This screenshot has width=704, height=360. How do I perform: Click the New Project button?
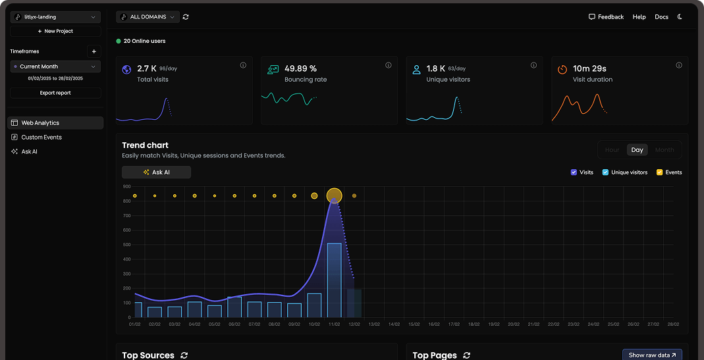(55, 31)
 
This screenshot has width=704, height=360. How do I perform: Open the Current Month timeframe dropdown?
(55, 66)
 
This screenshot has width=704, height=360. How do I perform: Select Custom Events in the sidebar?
(41, 137)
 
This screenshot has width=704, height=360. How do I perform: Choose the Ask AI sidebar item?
(29, 151)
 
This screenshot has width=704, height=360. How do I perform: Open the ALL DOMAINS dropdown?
(148, 16)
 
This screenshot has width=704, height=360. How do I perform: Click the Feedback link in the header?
(606, 17)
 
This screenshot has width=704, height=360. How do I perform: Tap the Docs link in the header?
(661, 17)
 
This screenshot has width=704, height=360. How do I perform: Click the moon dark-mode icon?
(680, 17)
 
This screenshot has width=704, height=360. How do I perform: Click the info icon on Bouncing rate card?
(388, 65)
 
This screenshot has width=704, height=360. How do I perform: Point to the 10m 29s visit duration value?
(589, 68)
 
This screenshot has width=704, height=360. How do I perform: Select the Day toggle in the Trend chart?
(637, 150)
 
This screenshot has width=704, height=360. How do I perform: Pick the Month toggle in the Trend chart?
(664, 150)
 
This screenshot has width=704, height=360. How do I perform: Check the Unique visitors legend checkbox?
(605, 172)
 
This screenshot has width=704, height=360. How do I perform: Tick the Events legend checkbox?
(659, 172)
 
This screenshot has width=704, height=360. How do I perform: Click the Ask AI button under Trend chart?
(156, 172)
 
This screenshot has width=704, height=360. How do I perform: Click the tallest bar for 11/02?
(334, 280)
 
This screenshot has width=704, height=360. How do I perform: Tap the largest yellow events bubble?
(335, 195)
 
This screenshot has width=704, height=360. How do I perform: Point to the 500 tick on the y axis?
(126, 245)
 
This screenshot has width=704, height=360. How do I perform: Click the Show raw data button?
(652, 355)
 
